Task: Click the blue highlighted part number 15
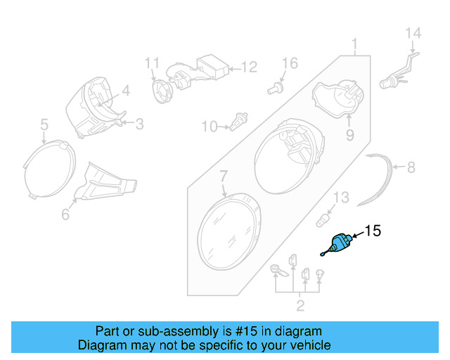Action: [339, 244]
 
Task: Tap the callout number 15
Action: [372, 231]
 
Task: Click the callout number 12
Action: [250, 67]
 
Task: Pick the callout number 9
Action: [349, 134]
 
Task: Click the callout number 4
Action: [126, 90]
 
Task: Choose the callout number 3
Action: [139, 124]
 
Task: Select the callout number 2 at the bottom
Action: [300, 304]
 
